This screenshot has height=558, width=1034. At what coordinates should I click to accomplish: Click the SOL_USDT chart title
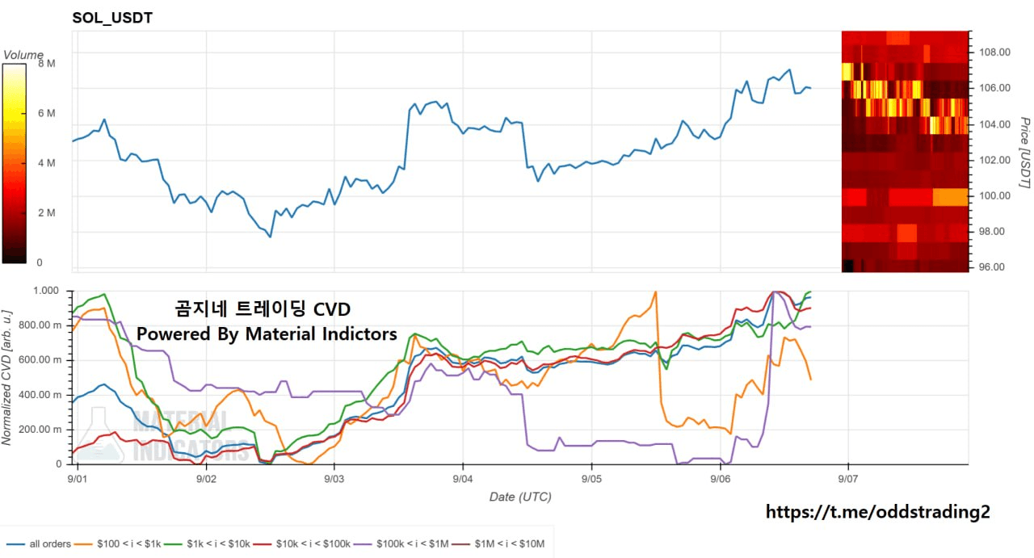click(x=112, y=18)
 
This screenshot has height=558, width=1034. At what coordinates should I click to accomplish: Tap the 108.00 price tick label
click(x=994, y=52)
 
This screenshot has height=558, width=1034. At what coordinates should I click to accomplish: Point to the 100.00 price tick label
click(x=994, y=195)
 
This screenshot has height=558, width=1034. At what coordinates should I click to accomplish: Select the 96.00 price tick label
click(x=992, y=267)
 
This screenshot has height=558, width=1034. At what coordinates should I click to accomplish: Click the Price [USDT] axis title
click(x=1024, y=153)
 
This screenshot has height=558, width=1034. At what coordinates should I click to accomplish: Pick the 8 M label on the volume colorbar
click(x=47, y=64)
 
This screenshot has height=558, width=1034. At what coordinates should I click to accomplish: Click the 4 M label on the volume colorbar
click(x=47, y=163)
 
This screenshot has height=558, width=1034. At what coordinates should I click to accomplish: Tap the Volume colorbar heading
click(x=23, y=55)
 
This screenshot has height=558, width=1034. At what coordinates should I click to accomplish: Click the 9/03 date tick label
click(x=334, y=479)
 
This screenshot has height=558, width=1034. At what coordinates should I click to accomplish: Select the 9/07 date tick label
click(x=848, y=479)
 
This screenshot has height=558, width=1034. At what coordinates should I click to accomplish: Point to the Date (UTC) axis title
click(x=520, y=497)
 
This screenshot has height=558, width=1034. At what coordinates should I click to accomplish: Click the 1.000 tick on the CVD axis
click(x=46, y=291)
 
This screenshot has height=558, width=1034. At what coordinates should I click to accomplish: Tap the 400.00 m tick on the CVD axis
click(x=40, y=395)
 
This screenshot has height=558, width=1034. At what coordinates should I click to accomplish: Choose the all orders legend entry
click(x=39, y=544)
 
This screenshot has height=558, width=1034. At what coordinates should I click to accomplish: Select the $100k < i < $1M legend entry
click(x=401, y=544)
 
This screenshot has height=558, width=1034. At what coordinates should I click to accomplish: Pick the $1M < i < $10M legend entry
click(x=498, y=544)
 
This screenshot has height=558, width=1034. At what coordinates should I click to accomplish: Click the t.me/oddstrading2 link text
click(x=877, y=512)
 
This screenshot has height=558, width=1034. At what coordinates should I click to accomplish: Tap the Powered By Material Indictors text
click(x=267, y=334)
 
